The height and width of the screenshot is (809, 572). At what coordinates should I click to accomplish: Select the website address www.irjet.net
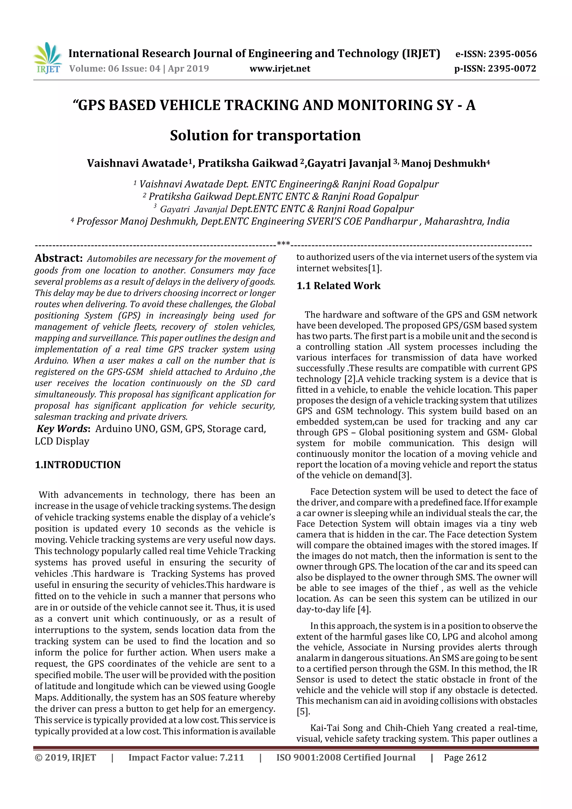(280, 69)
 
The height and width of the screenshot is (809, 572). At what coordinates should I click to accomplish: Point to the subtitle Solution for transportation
(265, 136)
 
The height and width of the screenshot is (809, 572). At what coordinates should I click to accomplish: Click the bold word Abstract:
(58, 258)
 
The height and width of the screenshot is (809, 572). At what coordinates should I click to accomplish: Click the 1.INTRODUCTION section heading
(78, 465)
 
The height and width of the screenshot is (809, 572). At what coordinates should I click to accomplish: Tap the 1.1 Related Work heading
(338, 286)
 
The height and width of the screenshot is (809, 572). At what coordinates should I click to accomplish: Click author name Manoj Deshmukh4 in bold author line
(445, 163)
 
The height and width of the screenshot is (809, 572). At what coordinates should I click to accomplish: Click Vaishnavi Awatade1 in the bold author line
(140, 163)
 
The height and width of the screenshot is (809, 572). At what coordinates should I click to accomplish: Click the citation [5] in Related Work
(303, 711)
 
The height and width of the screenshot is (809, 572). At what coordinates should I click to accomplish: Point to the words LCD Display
(62, 442)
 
